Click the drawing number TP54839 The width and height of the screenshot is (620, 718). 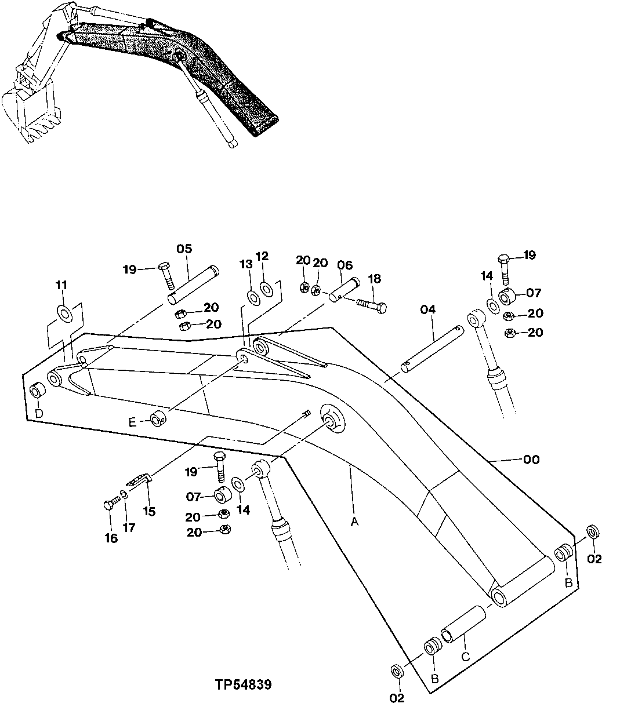click(242, 685)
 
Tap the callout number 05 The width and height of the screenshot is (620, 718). click(184, 249)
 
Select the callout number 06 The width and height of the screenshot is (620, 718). click(345, 265)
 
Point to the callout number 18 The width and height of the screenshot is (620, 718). click(374, 279)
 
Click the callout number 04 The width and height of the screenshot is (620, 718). click(427, 310)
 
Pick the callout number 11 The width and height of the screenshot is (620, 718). click(61, 285)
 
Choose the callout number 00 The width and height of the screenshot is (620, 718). click(531, 460)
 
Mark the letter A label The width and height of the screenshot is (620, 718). click(354, 522)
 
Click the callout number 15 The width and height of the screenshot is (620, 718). click(149, 512)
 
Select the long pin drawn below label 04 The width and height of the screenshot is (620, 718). click(433, 347)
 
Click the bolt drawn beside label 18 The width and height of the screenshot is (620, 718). click(369, 305)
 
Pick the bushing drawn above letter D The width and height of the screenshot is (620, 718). click(36, 391)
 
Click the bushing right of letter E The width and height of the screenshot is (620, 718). click(158, 418)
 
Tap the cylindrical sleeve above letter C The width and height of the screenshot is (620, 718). click(462, 624)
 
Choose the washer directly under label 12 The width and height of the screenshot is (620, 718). click(267, 288)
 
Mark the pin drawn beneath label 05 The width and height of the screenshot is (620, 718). click(194, 285)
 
